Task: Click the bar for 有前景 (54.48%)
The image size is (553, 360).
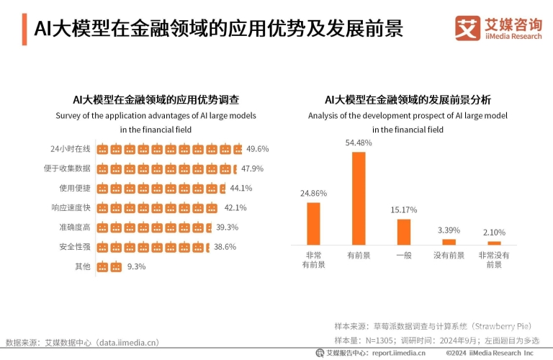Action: tap(359, 198)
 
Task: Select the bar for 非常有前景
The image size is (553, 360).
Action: tap(313, 223)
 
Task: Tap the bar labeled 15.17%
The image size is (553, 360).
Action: tap(404, 232)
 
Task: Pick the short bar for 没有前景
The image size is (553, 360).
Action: tap(449, 242)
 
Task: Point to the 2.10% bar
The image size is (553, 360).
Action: tap(494, 243)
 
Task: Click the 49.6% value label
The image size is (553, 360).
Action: tap(258, 149)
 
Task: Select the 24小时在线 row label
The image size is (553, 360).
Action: tap(71, 149)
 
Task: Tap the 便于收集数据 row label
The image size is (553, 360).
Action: tap(65, 168)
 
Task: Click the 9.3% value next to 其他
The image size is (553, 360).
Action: tap(136, 266)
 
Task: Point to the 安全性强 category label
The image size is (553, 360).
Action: tap(74, 247)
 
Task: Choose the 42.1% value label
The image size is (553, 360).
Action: tap(235, 208)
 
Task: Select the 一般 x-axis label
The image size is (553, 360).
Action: tap(404, 255)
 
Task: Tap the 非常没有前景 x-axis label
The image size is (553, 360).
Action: tap(494, 260)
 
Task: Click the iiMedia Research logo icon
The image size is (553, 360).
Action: tap(467, 27)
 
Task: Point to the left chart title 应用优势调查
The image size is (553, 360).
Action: tap(156, 99)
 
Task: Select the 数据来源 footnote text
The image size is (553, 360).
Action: tap(82, 342)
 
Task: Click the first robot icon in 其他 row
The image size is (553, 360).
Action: tap(102, 266)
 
